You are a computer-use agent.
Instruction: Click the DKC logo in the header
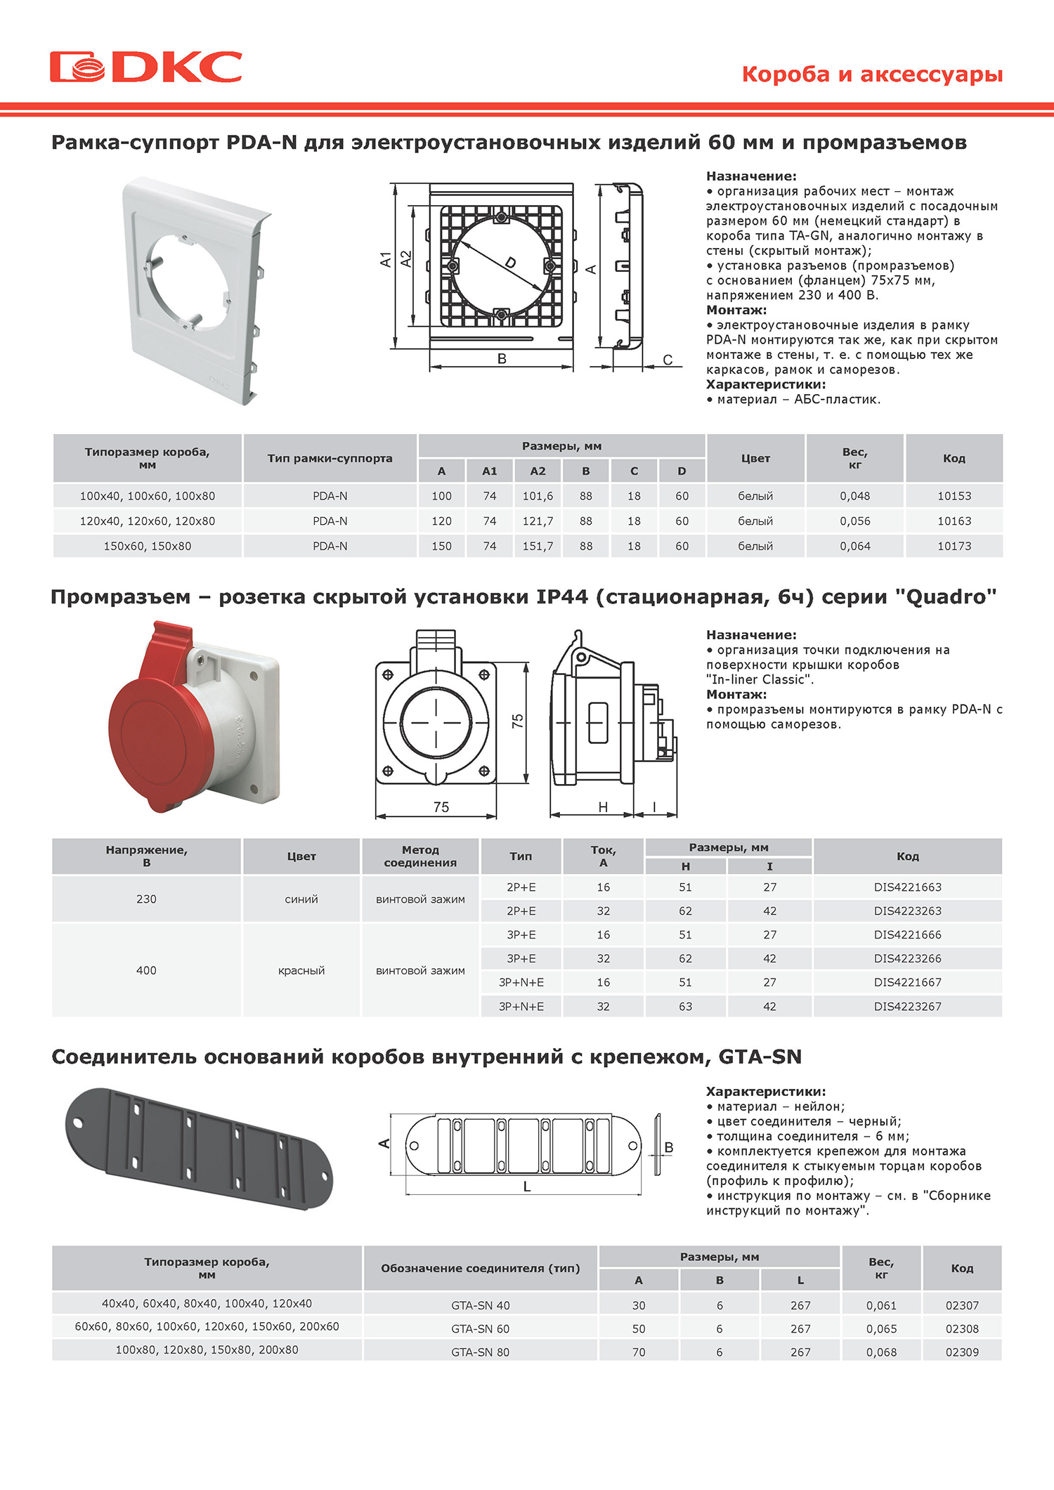146,67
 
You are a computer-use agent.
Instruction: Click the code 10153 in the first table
954,496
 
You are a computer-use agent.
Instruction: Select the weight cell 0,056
855,521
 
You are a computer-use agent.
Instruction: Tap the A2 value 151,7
538,547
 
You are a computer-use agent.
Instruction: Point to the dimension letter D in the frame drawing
511,263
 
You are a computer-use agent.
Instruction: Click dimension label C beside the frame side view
668,360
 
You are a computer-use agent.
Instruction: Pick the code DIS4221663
908,887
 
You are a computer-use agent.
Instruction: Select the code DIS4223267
908,1007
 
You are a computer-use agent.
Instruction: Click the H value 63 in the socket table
685,1007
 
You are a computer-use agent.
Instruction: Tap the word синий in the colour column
301,899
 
